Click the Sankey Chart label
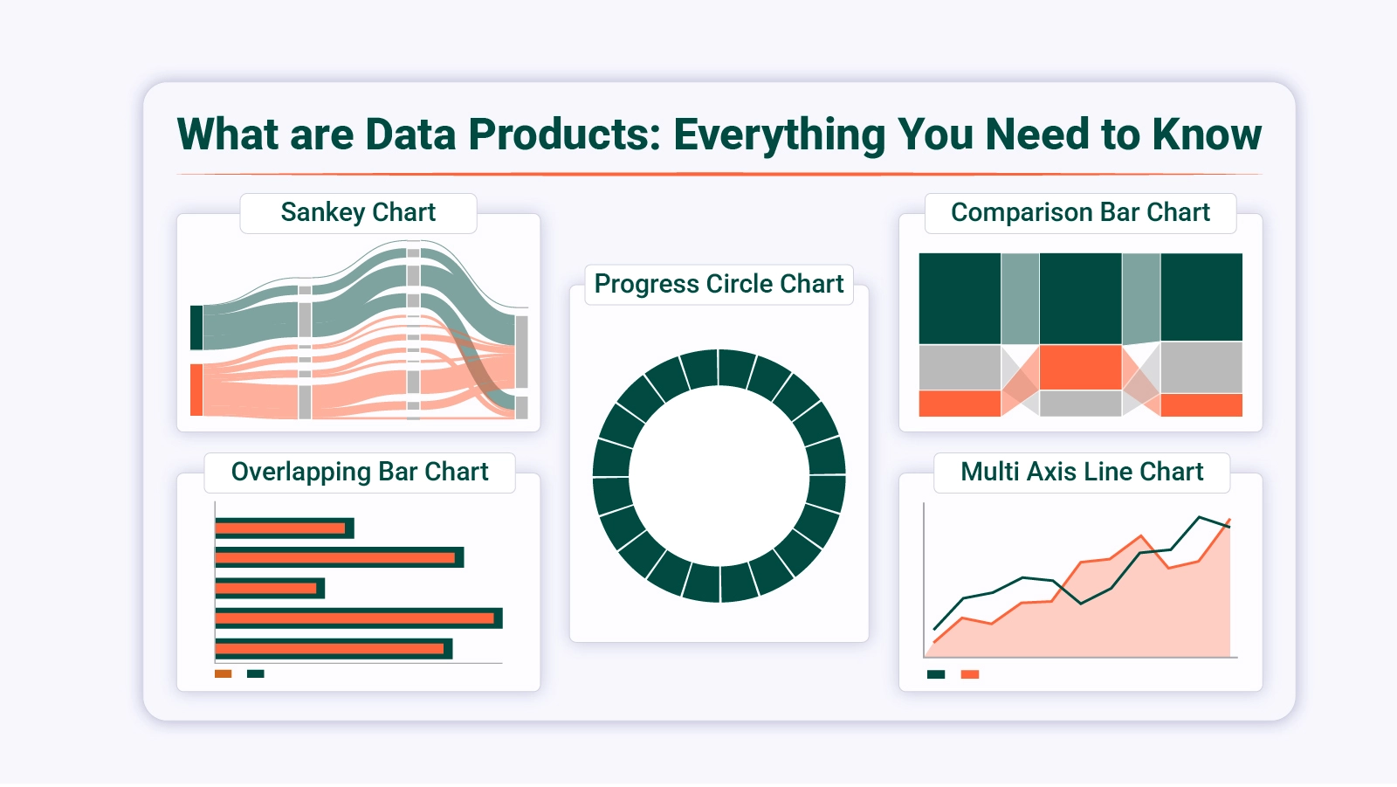[x=358, y=212]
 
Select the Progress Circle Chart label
[x=719, y=284]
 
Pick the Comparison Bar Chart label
[x=1080, y=212]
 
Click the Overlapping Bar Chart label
[x=360, y=472]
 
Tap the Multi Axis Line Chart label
[x=1082, y=472]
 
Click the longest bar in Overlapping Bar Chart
[x=358, y=618]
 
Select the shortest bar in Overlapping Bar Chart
[x=269, y=588]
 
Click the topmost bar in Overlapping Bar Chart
[x=284, y=528]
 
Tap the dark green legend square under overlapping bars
[x=256, y=673]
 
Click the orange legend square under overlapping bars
[x=224, y=673]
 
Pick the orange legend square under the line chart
[x=970, y=674]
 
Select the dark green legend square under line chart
[x=936, y=674]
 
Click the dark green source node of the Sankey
[x=196, y=328]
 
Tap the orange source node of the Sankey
[x=196, y=390]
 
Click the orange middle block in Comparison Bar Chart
[x=1080, y=367]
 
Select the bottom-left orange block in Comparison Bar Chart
[x=960, y=404]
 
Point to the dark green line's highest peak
[x=1201, y=517]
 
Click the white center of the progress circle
[x=719, y=476]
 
